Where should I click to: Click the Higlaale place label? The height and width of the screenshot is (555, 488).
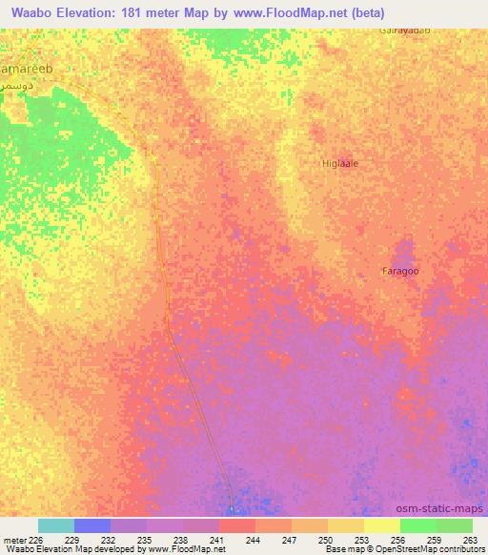tap(340, 163)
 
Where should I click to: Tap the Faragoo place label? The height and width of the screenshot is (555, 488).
tap(401, 272)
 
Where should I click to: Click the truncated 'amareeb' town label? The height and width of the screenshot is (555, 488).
tap(26, 70)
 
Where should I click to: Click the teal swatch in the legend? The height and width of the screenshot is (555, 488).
tap(56, 525)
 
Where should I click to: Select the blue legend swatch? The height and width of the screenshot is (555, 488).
tap(92, 525)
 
